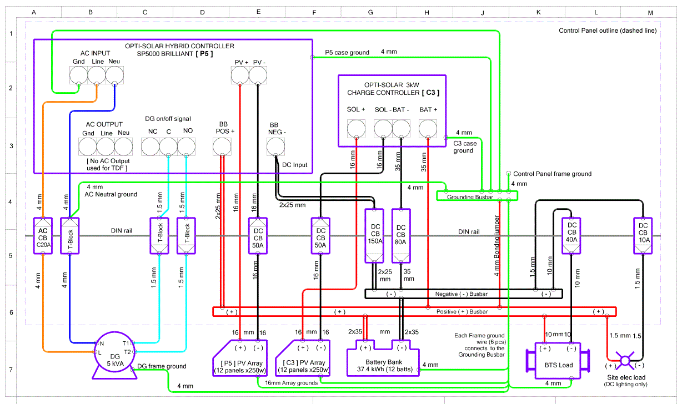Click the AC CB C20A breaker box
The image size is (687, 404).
43,235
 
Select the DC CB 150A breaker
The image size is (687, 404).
373,235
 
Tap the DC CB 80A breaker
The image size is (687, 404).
401,235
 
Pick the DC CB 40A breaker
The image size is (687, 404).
571,235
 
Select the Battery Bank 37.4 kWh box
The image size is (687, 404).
383,363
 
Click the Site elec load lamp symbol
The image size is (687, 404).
625,361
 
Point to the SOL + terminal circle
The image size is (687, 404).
356,129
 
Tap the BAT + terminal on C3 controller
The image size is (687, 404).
428,129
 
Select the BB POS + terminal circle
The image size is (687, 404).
222,147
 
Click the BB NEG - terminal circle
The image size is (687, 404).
276,147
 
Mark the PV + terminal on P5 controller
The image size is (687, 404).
240,74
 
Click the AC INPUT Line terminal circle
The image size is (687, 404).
97,75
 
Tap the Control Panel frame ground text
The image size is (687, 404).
552,174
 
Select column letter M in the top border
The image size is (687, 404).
650,12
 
